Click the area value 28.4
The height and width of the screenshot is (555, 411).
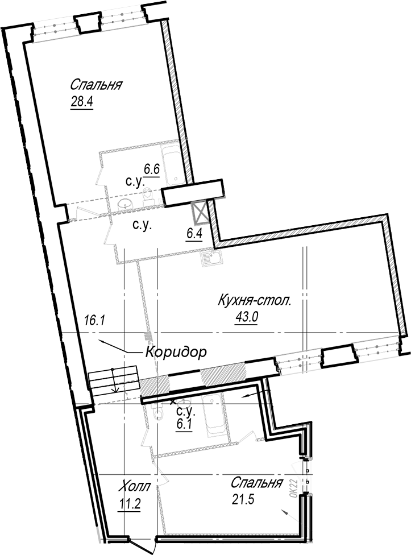82,102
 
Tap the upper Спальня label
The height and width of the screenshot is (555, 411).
96,85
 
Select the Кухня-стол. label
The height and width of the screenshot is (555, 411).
254,301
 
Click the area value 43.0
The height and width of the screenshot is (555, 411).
247,317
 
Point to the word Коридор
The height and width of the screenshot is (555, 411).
176,352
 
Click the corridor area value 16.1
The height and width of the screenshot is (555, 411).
95,320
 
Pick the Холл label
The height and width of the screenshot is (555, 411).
134,486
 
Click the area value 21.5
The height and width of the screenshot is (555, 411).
244,500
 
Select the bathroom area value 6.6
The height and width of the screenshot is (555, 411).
152,169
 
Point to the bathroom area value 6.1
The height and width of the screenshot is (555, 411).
184,424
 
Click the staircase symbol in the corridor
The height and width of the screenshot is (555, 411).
113,380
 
